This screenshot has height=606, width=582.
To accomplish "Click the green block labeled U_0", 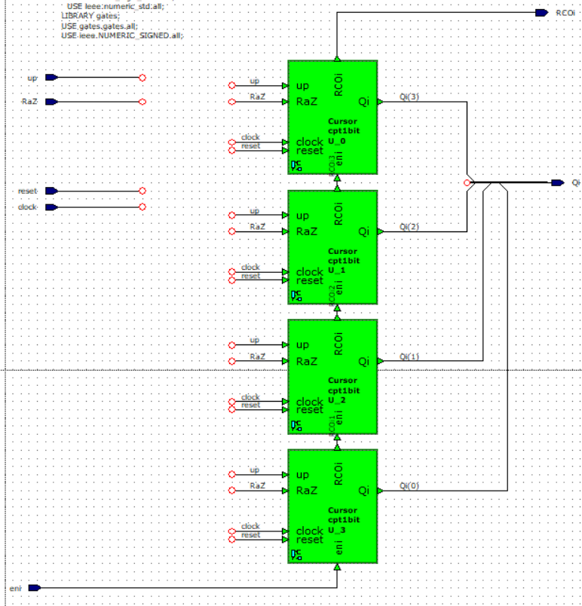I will coord(332,118).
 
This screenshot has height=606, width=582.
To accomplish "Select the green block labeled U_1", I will coord(332,247).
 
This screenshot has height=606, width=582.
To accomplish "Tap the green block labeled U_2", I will coord(332,377).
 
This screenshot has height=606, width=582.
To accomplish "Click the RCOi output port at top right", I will coord(541,13).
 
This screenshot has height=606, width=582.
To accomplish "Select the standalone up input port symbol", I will coord(51,78).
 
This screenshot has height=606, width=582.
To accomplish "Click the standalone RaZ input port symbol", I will coord(51,102).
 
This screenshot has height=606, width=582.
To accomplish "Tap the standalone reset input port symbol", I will coord(51,191).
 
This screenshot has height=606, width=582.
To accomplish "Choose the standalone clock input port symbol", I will coord(51,207).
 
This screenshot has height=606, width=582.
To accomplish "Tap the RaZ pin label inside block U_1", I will coord(307,231).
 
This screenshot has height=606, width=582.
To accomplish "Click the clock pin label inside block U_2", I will coord(309,402).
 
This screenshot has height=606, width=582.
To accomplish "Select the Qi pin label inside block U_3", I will coord(364,491).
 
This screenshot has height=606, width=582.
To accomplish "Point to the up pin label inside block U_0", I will coord(302,86).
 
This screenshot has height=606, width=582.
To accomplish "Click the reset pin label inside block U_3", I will coord(309,540).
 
